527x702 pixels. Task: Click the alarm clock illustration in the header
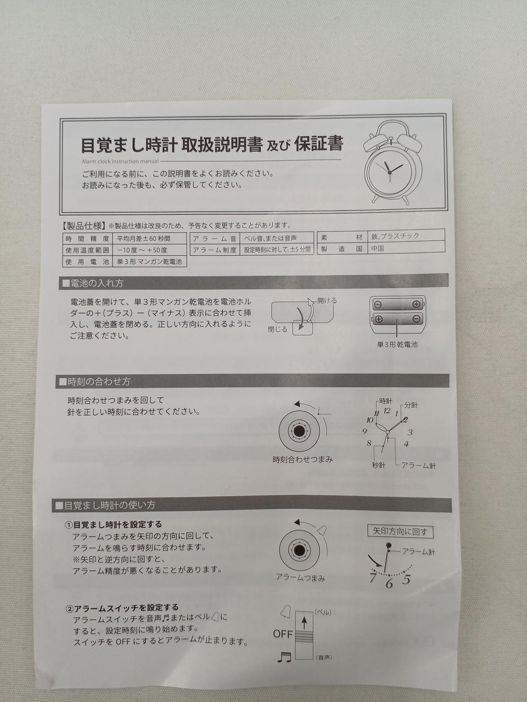pos(393,162)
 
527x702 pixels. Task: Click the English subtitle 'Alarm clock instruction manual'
pos(120,161)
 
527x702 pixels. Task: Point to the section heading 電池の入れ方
pos(93,284)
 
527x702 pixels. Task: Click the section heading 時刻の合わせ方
pos(95,382)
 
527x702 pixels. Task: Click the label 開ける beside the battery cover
pos(327,301)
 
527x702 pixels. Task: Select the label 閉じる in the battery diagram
pos(278,329)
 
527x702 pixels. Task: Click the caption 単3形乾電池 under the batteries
pos(397,345)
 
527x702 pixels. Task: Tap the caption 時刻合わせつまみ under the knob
pos(302,460)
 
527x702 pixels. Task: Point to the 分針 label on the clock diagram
pos(411,405)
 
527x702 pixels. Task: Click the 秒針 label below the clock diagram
pos(379,465)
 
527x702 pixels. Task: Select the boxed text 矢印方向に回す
pos(400,531)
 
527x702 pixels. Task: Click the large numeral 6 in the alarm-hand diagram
pos(389,584)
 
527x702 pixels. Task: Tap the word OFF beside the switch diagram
pos(283,633)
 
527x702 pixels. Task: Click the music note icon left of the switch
pos(284,656)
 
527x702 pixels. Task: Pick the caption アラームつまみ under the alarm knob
pos(301,578)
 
